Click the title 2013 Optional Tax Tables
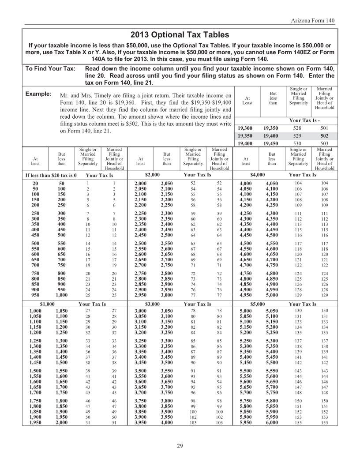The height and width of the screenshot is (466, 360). (x=180, y=34)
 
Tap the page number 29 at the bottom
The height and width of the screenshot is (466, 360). (x=180, y=447)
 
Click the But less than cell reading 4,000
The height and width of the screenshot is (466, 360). (x=167, y=422)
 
